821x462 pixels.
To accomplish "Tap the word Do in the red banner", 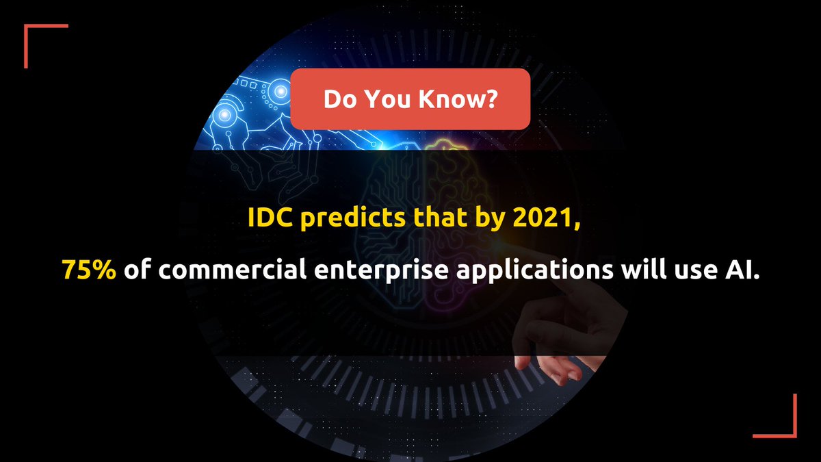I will pos(339,99).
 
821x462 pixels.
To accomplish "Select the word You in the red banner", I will pos(388,99).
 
